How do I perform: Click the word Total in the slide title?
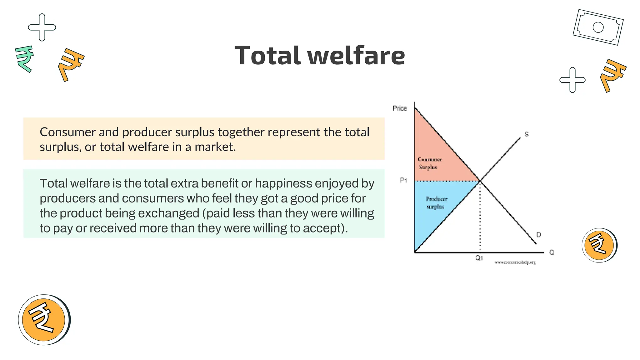(x=268, y=56)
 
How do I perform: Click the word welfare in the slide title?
(x=356, y=56)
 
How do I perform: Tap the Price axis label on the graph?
(x=400, y=108)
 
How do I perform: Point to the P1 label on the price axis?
(x=403, y=180)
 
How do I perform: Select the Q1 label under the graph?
(x=479, y=258)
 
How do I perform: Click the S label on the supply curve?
(x=526, y=134)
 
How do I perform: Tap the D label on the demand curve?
(x=539, y=234)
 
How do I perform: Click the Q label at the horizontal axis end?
(x=552, y=252)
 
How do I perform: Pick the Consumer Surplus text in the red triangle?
(x=429, y=163)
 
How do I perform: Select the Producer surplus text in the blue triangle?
(x=436, y=202)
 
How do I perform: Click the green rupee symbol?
(x=24, y=58)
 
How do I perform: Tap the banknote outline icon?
(x=598, y=27)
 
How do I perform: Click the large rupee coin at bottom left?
(x=44, y=319)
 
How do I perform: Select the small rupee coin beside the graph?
(x=599, y=245)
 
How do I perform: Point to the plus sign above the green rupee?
(x=42, y=27)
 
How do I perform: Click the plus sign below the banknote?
(x=572, y=80)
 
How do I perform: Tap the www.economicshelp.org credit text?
(x=515, y=262)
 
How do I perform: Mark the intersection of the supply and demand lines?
(x=480, y=181)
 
